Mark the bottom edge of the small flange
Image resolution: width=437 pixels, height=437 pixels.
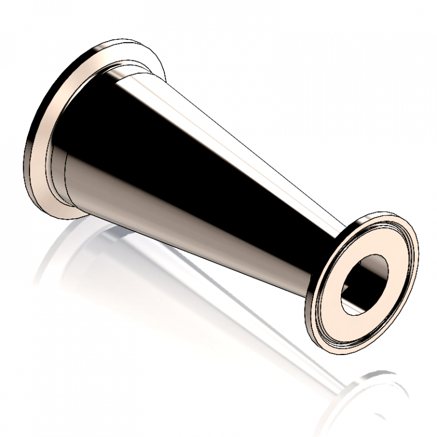(x=336, y=348)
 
